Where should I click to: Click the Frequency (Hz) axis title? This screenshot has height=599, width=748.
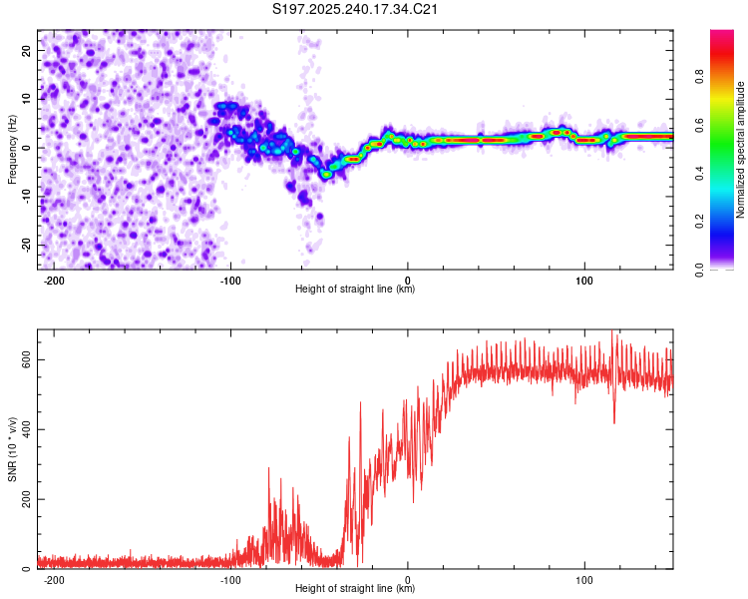(x=12, y=150)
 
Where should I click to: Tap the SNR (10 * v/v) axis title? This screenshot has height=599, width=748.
(x=12, y=449)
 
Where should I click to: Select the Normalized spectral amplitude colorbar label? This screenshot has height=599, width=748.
(x=741, y=150)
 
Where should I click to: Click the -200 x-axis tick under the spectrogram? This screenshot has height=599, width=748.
(x=55, y=280)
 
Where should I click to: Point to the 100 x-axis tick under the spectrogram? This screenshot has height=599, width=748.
(x=584, y=280)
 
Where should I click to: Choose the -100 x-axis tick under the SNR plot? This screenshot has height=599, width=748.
(x=231, y=579)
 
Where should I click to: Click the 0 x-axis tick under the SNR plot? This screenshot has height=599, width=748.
(x=408, y=579)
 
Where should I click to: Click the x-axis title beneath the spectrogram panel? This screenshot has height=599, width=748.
(x=355, y=290)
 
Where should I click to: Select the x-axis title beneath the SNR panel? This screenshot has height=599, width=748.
(x=355, y=589)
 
